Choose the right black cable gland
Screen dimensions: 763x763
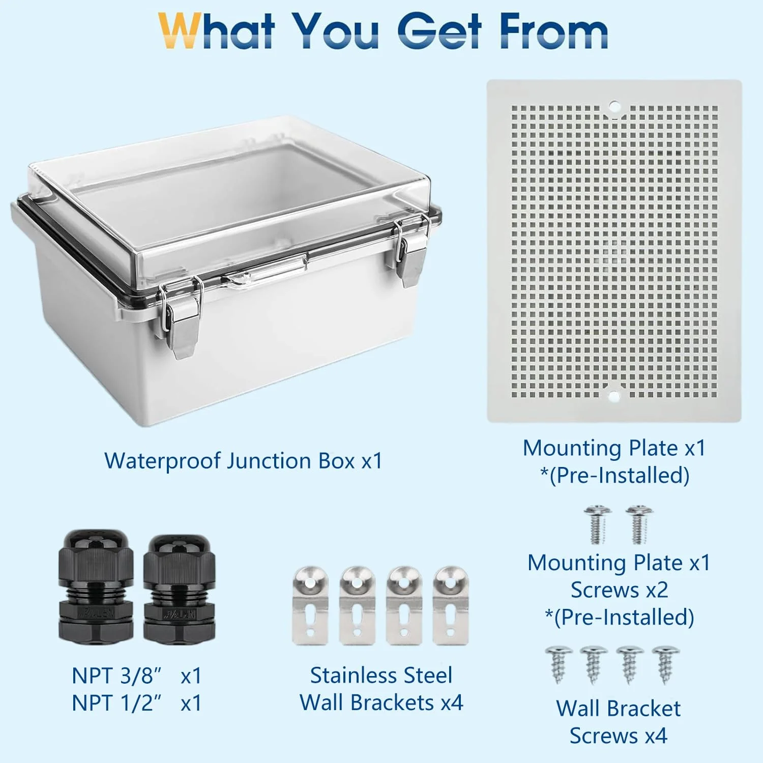(179, 588)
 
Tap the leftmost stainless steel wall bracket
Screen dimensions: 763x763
(310, 606)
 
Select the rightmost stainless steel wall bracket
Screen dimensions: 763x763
(451, 606)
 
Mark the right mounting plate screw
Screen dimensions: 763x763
(639, 524)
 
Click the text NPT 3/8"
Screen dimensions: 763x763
(116, 676)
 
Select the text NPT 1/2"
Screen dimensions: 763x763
(116, 703)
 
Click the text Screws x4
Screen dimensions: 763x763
(618, 736)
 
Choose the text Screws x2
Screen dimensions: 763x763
(619, 590)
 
